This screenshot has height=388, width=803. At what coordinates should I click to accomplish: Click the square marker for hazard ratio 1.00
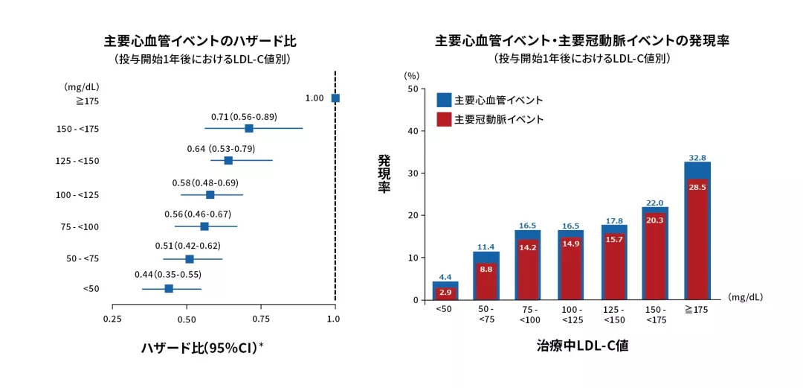click(335, 98)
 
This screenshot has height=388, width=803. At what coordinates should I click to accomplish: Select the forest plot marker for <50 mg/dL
click(169, 288)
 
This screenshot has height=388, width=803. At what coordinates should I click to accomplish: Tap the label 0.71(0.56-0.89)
click(244, 117)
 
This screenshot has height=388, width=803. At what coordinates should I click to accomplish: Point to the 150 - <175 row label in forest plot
click(77, 130)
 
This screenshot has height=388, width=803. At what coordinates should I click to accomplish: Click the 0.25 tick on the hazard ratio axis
click(112, 319)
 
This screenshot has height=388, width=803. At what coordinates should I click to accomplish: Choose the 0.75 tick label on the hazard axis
click(261, 319)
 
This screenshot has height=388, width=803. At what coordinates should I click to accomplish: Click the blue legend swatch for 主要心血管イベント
click(445, 100)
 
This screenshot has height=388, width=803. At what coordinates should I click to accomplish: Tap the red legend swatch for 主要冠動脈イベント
click(445, 119)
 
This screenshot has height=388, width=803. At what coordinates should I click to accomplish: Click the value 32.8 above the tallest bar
click(697, 158)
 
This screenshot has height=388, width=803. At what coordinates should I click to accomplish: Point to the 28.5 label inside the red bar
click(697, 188)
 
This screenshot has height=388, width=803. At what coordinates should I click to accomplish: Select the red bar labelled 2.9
click(445, 293)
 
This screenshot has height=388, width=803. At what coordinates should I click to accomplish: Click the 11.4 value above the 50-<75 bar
click(486, 247)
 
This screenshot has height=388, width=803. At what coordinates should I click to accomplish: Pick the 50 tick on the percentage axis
click(412, 89)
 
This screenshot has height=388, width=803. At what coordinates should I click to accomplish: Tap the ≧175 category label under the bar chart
click(697, 310)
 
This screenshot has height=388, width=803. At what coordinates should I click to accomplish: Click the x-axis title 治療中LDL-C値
click(582, 346)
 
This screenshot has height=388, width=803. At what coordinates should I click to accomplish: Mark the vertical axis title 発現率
click(384, 174)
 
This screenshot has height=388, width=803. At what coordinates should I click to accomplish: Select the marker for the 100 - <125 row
click(210, 194)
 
